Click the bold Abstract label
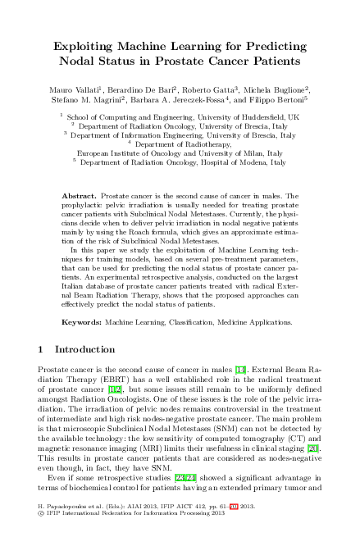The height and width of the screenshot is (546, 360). [80, 198]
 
